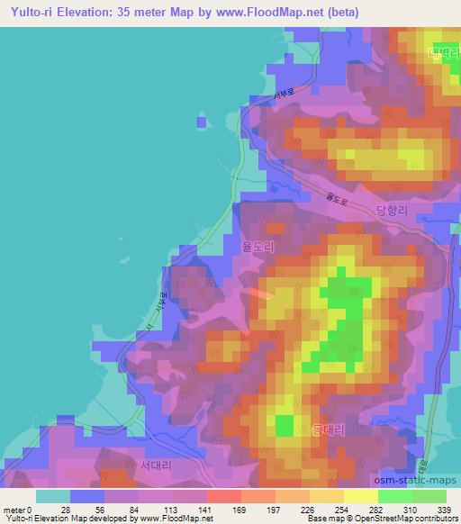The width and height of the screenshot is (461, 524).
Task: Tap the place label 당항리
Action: [x=393, y=209]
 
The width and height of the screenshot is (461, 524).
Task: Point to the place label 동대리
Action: [x=328, y=430]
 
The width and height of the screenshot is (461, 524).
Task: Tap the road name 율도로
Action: [x=335, y=194]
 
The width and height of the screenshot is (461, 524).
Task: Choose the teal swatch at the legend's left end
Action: [x=53, y=496]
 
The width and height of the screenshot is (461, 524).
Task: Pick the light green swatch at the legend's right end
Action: [x=429, y=496]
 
